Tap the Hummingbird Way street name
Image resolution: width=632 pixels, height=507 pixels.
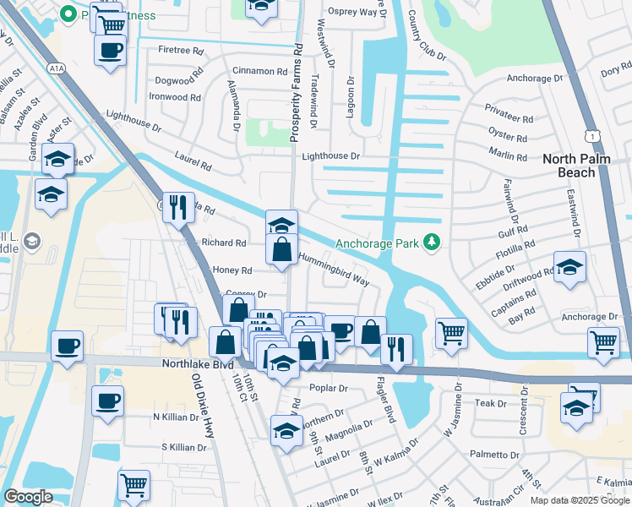pos(334,269)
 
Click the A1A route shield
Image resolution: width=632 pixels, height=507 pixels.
pos(56,68)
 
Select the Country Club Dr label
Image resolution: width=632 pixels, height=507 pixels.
pos(426,35)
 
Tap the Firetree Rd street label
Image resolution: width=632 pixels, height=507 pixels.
pos(181,51)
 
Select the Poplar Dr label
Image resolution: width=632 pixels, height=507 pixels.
pos(330,388)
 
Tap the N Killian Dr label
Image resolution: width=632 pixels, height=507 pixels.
pos(179,417)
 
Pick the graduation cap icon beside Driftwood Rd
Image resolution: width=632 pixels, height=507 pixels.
pos(569,268)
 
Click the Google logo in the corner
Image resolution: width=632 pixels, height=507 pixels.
pos(28,497)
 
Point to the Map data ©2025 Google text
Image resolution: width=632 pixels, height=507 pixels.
pos(579,500)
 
